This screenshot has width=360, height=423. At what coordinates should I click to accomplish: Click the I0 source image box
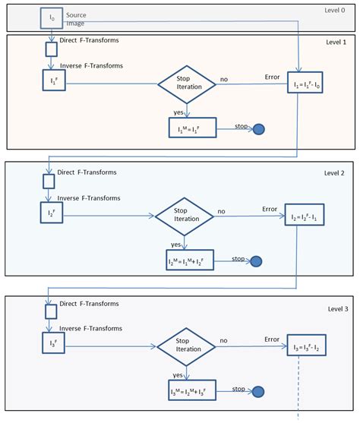[x=52, y=17]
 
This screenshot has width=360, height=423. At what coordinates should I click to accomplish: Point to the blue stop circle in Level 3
[x=258, y=392]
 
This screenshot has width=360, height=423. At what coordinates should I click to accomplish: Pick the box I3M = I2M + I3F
[x=191, y=392]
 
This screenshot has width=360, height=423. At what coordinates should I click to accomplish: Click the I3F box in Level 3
[x=51, y=344]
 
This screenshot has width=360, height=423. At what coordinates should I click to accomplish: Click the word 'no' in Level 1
[x=224, y=77]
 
